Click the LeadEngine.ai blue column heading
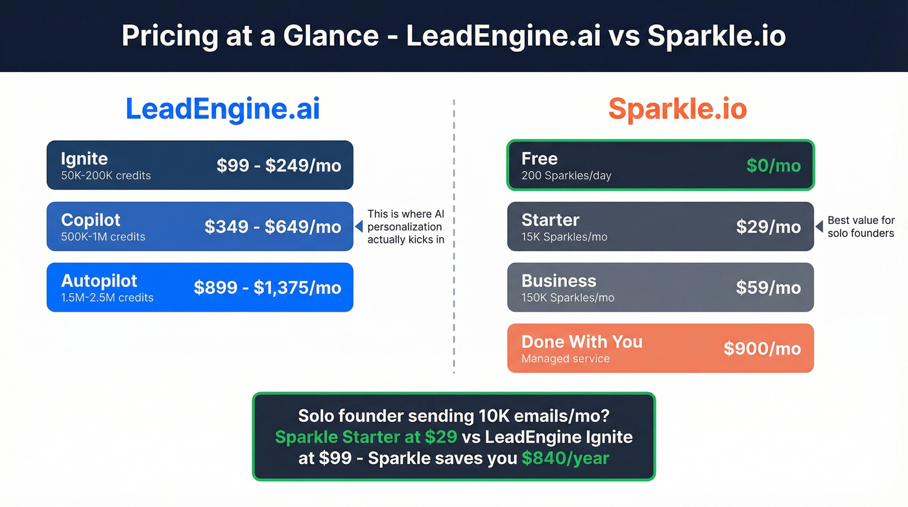pos(222,108)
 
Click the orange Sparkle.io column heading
pos(677,108)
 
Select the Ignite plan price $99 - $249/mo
pos(279,166)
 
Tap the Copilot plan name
pos(91,220)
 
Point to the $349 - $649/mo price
pos(273,227)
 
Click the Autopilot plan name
pos(99,281)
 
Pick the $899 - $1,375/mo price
pos(267,288)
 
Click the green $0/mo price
pos(774,166)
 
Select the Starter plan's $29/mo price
pos(769,227)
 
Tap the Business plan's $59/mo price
pos(769,288)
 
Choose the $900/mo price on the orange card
pos(763,349)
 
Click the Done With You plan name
pos(582,342)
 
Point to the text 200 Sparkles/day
pos(566,176)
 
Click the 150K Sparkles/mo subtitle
pos(567,298)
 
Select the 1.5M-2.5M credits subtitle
pos(107,298)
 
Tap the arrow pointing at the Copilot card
pos(357,227)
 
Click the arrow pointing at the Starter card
pos(818,227)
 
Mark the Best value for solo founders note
pos(861,227)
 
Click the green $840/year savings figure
pos(566,458)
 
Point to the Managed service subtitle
pos(566,358)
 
